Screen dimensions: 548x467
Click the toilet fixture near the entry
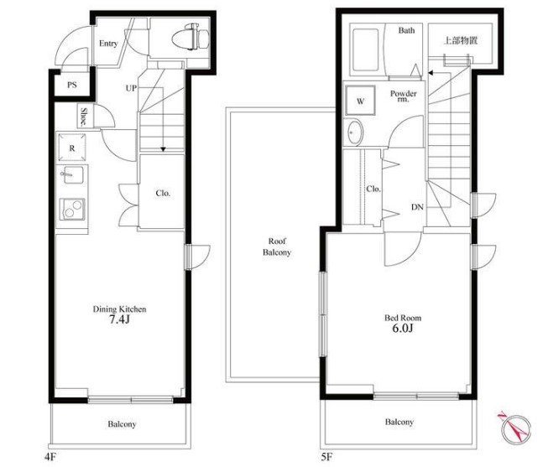pyautogui.click(x=191, y=37)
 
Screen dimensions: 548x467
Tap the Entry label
pyautogui.click(x=108, y=44)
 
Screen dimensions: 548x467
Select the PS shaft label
pyautogui.click(x=72, y=85)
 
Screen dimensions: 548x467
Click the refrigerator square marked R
pyautogui.click(x=72, y=148)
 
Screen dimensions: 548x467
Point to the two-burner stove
pyautogui.click(x=72, y=210)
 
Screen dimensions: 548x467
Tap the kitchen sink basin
pyautogui.click(x=72, y=174)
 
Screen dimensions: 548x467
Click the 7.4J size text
pyautogui.click(x=119, y=319)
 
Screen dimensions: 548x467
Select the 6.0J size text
pyautogui.click(x=403, y=329)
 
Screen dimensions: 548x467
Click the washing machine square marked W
pyautogui.click(x=360, y=101)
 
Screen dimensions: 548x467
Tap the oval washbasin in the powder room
pyautogui.click(x=355, y=132)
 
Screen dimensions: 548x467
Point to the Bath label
pyautogui.click(x=406, y=31)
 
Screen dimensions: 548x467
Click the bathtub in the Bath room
pyautogui.click(x=366, y=50)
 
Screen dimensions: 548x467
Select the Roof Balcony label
pyautogui.click(x=277, y=246)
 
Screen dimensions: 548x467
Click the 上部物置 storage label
pyautogui.click(x=460, y=40)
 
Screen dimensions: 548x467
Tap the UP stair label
pyautogui.click(x=131, y=88)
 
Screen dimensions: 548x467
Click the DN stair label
pyautogui.click(x=417, y=207)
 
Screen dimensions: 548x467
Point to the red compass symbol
pyautogui.click(x=514, y=428)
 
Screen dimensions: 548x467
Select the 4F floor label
pyautogui.click(x=50, y=457)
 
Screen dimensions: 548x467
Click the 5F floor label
pyautogui.click(x=326, y=457)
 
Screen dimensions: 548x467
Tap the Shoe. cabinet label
pyautogui.click(x=84, y=117)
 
